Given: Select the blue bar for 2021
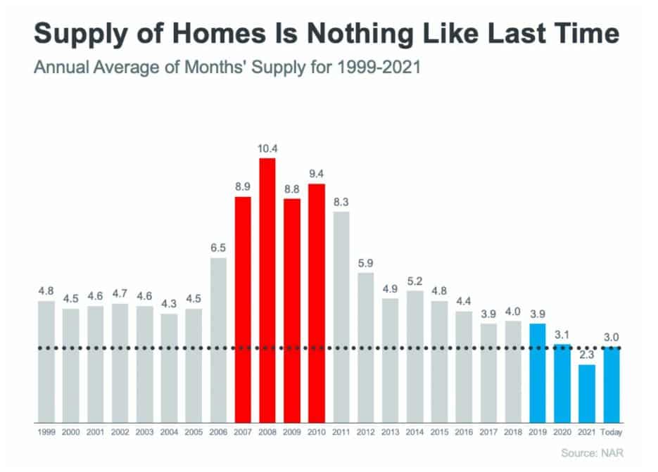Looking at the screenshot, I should point(587,393).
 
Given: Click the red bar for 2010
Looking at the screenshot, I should point(317,302).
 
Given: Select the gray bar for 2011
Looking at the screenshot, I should point(341,317).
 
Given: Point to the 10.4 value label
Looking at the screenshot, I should point(267,149).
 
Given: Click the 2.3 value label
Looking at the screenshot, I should point(587,355).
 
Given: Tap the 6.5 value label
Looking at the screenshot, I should point(218,248).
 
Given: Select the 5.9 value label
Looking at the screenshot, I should point(366,263).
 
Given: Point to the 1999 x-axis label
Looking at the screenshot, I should point(46,430).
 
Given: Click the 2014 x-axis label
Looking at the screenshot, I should point(415,430).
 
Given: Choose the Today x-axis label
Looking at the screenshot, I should point(612,430).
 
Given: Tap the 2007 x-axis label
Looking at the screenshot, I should point(243,430).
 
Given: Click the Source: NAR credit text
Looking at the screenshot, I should point(593,453).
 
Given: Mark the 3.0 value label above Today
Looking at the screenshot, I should point(612,338).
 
